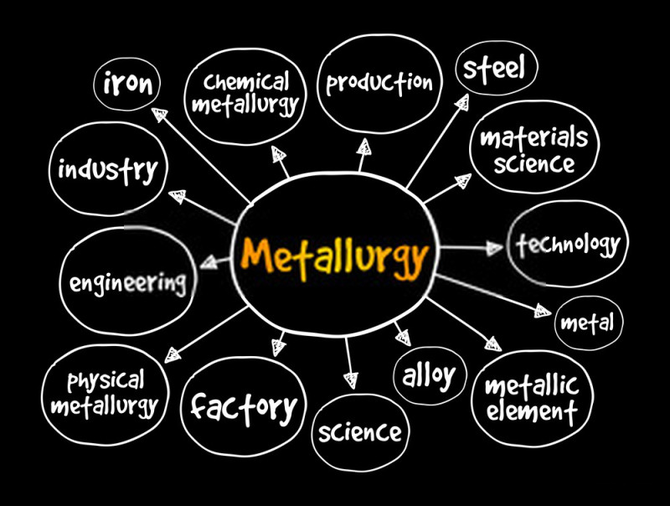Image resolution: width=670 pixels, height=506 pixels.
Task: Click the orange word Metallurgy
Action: pos(334,258)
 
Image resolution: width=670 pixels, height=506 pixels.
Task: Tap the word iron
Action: pos(127,83)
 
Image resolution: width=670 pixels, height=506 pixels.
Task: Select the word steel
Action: pos(494,69)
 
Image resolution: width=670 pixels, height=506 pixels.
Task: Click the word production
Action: pos(379,82)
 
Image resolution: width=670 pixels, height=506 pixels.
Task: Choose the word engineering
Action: pos(128,283)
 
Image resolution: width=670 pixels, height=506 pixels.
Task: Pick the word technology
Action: pos(568,244)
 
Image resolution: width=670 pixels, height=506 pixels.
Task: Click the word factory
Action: pos(244,407)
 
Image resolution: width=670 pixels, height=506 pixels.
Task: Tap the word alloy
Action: pos(429,376)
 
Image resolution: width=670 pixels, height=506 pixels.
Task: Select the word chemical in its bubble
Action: pos(246,82)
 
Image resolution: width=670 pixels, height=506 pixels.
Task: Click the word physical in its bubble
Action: pos(106,381)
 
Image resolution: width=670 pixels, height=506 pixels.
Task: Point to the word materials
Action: pos(534,137)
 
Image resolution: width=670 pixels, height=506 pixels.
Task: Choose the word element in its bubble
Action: pos(532,411)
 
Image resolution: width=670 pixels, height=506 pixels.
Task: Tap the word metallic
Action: pos(532,385)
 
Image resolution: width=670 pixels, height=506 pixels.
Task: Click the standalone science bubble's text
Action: pos(360,432)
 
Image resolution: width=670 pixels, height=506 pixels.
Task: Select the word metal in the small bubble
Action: pos(587,323)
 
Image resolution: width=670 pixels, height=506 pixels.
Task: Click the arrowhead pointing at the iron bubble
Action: pos(159,114)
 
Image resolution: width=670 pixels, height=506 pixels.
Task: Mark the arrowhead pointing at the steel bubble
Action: pos(462,101)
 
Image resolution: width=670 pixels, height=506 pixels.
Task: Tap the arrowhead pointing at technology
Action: pos(495,248)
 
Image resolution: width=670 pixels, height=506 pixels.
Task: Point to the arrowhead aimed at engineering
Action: pos(209,262)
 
